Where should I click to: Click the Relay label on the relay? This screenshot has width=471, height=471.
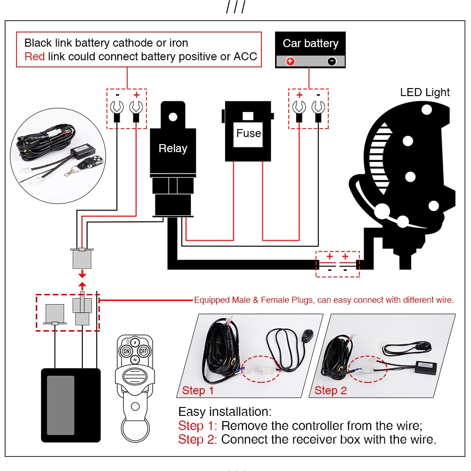[173, 148]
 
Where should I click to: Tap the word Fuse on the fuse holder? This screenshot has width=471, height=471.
[249, 133]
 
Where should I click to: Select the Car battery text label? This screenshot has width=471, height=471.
[310, 43]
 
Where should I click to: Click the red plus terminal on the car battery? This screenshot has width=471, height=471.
[290, 61]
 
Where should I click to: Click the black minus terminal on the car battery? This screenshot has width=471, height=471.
[332, 61]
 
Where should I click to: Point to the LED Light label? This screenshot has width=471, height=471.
[425, 92]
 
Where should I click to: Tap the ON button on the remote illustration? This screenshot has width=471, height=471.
[126, 351]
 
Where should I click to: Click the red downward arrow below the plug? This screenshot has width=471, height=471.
[82, 274]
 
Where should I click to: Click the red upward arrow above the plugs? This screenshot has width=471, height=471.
[82, 285]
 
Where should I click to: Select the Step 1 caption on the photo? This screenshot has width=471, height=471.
[198, 390]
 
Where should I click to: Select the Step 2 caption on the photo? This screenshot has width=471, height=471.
[330, 390]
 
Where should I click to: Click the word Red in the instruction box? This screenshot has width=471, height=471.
[34, 57]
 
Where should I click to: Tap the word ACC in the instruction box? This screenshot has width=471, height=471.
[245, 57]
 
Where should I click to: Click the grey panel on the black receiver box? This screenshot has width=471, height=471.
[60, 405]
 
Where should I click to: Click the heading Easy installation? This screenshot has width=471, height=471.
[225, 412]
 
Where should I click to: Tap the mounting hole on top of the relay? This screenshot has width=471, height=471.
[173, 116]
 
